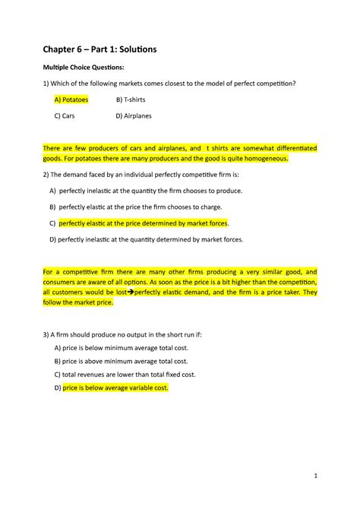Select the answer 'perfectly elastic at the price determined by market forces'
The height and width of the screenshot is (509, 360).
[x=144, y=223]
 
